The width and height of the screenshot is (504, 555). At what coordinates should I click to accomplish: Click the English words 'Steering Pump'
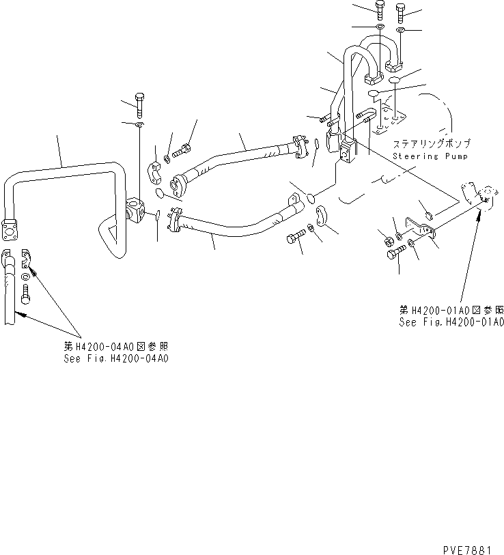point(421,157)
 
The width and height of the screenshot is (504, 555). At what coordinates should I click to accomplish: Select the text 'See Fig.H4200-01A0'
point(451,322)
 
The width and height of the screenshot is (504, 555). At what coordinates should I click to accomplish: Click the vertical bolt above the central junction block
point(139,103)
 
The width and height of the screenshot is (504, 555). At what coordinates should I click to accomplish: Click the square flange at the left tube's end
point(10,229)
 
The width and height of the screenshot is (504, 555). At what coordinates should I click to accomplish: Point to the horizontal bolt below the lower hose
point(294,238)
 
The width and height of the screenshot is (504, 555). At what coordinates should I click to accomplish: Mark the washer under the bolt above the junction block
point(139,126)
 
